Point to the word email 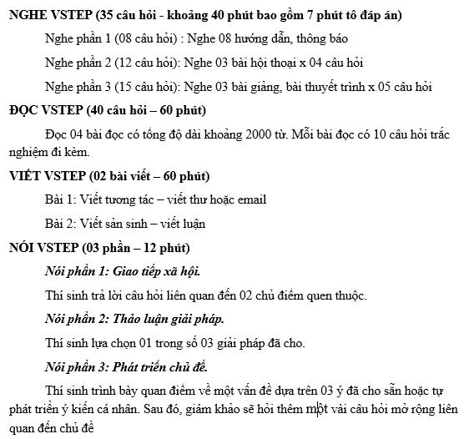250,199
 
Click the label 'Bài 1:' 61,199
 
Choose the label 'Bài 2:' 61,223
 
